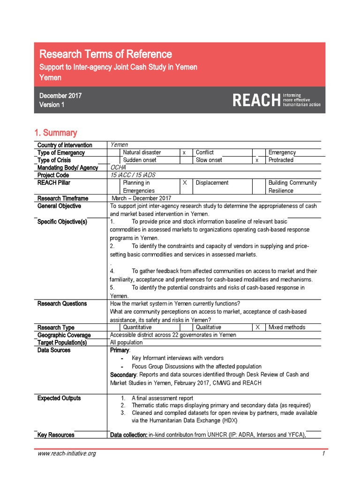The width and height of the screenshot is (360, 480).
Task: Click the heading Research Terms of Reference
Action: coord(105,54)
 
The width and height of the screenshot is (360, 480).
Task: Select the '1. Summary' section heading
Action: coord(56,133)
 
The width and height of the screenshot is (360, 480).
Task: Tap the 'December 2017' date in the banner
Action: coord(60,96)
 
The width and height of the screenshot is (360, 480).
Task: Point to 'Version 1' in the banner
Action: coord(52,105)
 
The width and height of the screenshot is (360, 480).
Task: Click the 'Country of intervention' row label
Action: coord(65,145)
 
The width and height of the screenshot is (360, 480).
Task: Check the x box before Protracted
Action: coord(257,160)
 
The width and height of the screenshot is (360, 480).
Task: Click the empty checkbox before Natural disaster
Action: coord(114,152)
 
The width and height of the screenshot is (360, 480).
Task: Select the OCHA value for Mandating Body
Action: coord(118,168)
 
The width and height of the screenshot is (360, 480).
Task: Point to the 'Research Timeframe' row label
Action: coord(62,199)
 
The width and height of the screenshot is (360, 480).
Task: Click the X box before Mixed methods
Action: coord(257,327)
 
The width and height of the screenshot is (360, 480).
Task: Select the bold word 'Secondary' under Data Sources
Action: coord(123,375)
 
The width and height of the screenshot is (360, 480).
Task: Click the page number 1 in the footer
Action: coord(323,454)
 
